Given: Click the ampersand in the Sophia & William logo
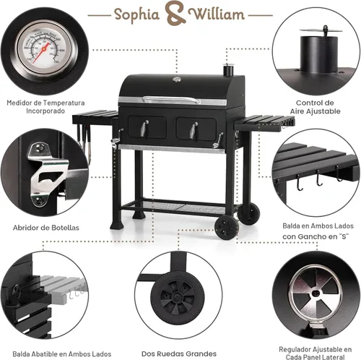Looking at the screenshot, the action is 175,14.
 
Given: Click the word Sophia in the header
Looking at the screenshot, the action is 136,15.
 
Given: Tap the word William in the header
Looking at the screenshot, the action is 216,14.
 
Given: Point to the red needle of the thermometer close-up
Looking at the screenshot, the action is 42,53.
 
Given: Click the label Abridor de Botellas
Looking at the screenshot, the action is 46,228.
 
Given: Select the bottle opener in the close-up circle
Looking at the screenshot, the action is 46,174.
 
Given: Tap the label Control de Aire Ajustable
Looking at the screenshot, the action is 315,107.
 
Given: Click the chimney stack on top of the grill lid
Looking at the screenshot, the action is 227,69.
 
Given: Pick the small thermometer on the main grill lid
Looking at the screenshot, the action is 177,80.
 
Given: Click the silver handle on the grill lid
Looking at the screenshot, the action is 171,99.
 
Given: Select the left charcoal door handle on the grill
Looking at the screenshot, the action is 144,129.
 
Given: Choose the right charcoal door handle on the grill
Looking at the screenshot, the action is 193,130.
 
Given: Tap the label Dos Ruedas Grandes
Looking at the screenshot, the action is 179,353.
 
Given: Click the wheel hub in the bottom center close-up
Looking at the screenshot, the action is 178,296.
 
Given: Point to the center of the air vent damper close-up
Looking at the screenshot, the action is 316,293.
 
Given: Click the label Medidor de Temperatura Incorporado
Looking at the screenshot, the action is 45,107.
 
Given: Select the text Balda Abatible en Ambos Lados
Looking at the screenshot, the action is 62,353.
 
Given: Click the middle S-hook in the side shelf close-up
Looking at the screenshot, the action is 318,179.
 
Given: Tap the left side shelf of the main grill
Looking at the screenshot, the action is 95,116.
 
